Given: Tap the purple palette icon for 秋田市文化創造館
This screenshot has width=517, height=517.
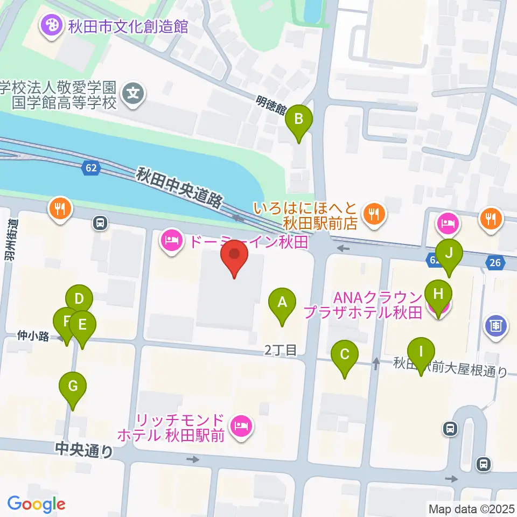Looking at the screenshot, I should pyautogui.click(x=51, y=25).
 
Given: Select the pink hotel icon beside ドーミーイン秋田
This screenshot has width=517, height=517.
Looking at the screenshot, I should pyautogui.click(x=171, y=241).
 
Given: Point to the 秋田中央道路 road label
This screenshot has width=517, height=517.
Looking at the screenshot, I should pyautogui.click(x=179, y=187).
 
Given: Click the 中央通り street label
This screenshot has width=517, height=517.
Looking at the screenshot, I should pyautogui.click(x=84, y=450).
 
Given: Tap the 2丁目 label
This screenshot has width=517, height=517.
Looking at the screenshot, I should pyautogui.click(x=281, y=350).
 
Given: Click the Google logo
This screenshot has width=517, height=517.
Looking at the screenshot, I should pyautogui.click(x=36, y=504).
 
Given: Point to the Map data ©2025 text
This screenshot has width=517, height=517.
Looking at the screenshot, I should pyautogui.click(x=471, y=508).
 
